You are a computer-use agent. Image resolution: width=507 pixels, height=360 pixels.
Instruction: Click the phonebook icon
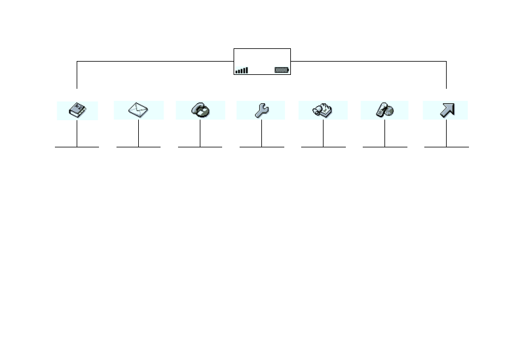point(77,111)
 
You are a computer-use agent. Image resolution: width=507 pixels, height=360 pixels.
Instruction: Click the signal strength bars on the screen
point(241,71)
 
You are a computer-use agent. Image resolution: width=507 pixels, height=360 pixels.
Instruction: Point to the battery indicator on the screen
point(282,70)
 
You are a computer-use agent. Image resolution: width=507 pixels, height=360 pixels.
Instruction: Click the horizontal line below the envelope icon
point(138,147)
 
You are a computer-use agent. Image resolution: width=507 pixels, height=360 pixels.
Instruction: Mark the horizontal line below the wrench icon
point(261,147)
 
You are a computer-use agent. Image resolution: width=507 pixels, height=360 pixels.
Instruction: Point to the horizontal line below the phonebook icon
point(77,147)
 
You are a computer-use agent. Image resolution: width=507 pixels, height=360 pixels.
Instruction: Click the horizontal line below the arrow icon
point(446,147)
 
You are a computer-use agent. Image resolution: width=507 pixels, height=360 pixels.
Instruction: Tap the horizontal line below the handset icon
point(200,147)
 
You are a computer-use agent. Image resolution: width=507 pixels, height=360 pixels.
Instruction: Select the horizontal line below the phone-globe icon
point(384,147)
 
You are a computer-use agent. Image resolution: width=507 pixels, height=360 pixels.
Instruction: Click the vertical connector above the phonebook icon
point(77,76)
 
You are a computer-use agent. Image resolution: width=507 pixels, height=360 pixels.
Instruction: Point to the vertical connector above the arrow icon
point(446,76)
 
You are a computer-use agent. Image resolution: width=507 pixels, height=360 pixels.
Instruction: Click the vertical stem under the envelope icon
point(138,133)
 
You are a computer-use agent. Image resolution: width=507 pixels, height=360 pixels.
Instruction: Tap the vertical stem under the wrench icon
point(261,133)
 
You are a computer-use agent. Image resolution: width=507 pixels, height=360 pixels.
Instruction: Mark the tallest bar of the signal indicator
point(247,70)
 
